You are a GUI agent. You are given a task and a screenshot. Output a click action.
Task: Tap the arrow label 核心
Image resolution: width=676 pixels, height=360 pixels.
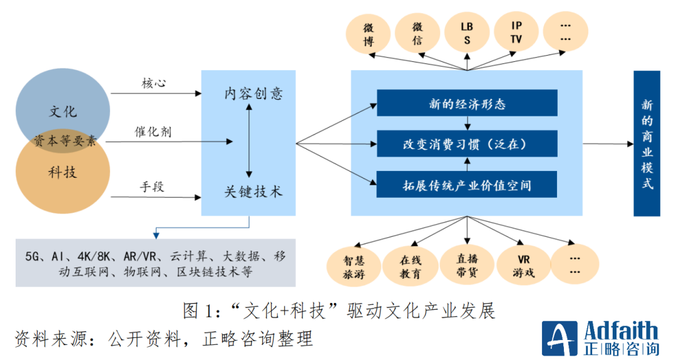pyautogui.click(x=153, y=83)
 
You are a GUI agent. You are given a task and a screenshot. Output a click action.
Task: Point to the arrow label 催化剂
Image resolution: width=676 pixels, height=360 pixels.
pyautogui.click(x=153, y=132)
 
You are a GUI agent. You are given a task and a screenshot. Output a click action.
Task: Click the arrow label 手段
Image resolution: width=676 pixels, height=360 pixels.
pyautogui.click(x=153, y=186)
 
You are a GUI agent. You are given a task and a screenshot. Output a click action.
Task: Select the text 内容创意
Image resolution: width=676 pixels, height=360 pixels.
pyautogui.click(x=253, y=94)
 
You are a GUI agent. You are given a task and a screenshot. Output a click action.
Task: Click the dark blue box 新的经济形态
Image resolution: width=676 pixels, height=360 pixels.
pyautogui.click(x=466, y=103)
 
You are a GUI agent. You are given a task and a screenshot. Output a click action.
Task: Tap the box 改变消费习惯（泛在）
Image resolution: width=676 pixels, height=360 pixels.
pyautogui.click(x=466, y=144)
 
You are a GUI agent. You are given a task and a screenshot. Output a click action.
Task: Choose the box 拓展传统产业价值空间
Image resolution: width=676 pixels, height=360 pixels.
pyautogui.click(x=466, y=185)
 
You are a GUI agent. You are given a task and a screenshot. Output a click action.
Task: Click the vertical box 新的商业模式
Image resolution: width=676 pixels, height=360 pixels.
pyautogui.click(x=647, y=143)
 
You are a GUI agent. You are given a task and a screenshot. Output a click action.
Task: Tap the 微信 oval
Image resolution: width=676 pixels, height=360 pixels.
pyautogui.click(x=417, y=35)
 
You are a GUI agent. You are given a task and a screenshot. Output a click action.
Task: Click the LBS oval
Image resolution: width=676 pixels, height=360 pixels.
pyautogui.click(x=467, y=35)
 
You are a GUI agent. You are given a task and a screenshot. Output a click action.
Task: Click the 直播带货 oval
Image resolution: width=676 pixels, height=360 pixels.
pyautogui.click(x=466, y=264)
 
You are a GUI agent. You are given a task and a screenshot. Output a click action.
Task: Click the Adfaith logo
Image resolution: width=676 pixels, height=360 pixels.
pyautogui.click(x=600, y=339)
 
